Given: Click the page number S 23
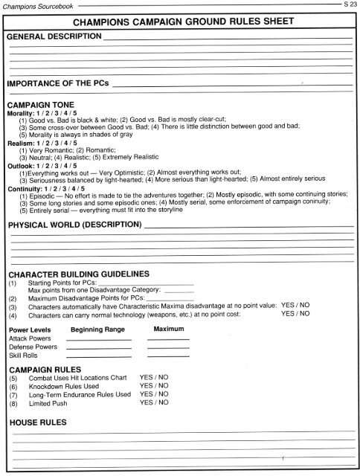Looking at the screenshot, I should coord(349,4).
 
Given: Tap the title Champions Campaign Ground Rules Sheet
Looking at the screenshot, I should coord(179,22).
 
